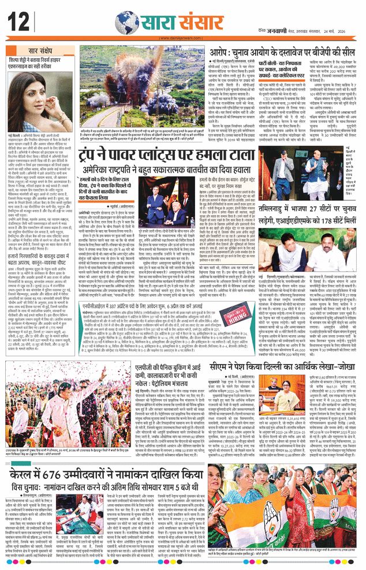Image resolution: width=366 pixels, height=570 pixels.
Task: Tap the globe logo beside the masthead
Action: point(126,22)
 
